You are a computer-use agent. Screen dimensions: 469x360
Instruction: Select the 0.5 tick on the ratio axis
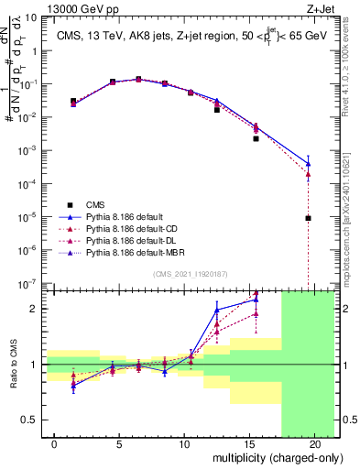coord(28,420)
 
